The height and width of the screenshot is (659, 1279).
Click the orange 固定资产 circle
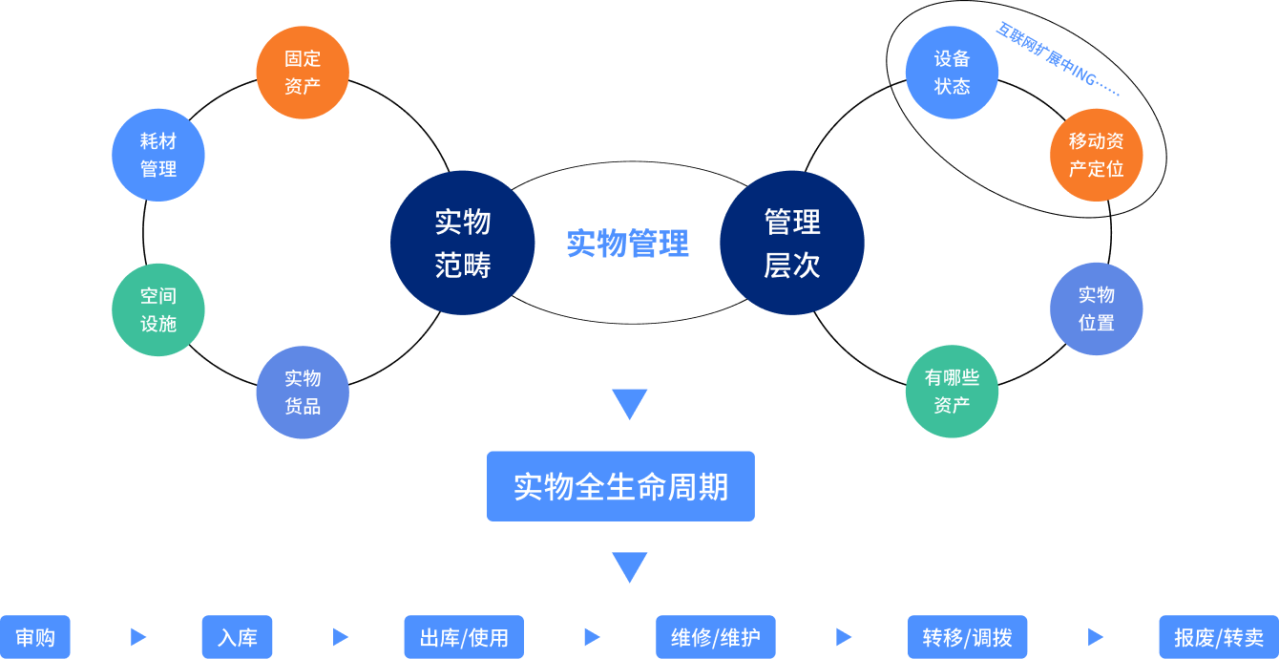303,73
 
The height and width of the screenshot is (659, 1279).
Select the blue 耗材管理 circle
158,155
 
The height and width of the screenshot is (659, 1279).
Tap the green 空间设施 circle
158,309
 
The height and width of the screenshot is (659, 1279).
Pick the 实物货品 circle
303,393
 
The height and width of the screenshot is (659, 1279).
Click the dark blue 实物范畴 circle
463,243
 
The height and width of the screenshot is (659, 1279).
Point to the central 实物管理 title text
627,244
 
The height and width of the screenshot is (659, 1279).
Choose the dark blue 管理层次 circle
792,243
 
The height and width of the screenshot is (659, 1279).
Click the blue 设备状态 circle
952,73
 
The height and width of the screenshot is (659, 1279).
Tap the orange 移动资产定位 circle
1097,155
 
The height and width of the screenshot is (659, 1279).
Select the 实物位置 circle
1097,308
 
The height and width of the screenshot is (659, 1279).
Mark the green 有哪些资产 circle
952,392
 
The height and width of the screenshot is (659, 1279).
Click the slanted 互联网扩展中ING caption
1057,59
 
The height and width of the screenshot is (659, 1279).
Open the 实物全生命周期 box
620,486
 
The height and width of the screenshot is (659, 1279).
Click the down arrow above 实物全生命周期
630,403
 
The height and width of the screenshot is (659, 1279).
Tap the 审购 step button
35,637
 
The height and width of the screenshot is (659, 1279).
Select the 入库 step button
237,637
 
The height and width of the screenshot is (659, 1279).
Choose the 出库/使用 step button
464,637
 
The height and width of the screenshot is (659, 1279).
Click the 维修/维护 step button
716,637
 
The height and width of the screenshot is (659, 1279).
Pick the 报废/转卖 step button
1219,637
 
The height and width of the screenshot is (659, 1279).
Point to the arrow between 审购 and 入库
138,637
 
